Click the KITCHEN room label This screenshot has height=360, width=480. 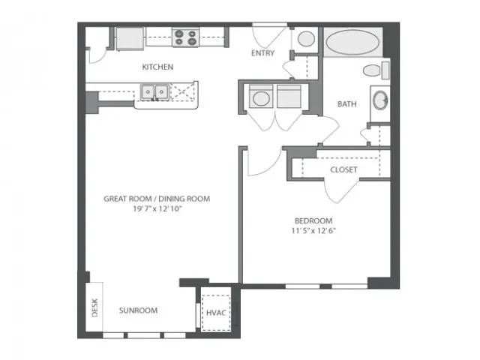[x=157, y=67]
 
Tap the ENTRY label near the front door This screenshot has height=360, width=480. [x=262, y=53]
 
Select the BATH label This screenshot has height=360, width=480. [x=346, y=104]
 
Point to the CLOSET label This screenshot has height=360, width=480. [x=343, y=169]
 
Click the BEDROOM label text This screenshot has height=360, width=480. [x=313, y=220]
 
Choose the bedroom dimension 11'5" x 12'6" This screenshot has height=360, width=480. [x=313, y=230]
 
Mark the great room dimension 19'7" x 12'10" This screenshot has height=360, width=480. [x=157, y=208]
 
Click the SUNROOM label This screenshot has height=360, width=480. [x=138, y=310]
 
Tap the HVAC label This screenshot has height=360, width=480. [x=216, y=313]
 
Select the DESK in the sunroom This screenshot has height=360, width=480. [x=94, y=307]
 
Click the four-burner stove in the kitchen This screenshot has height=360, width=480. [x=185, y=37]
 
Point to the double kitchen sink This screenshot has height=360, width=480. [x=154, y=91]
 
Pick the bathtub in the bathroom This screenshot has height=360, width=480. [x=352, y=42]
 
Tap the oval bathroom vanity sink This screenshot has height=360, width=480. [x=380, y=100]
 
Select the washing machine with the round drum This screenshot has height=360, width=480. [x=261, y=97]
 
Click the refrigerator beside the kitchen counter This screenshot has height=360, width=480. [x=130, y=38]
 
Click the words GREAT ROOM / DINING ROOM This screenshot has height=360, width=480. [x=157, y=199]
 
